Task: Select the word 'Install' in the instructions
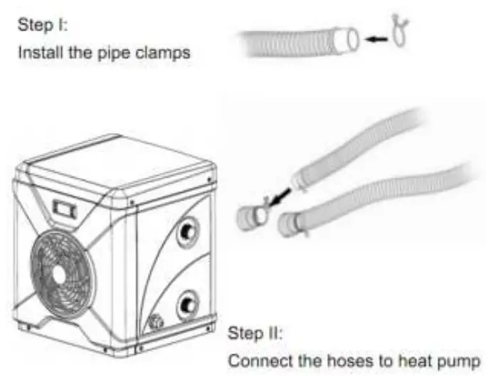click(x=36, y=53)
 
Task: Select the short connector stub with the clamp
click(x=251, y=214)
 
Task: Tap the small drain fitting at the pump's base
click(x=154, y=322)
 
